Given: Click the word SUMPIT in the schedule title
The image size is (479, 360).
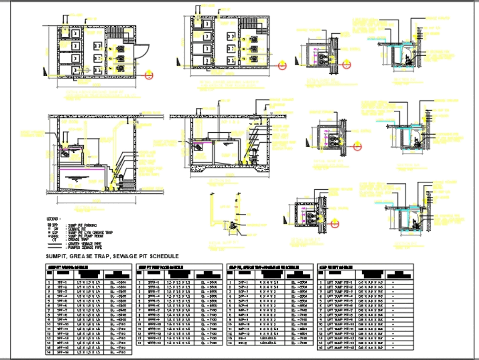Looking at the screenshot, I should [58, 256].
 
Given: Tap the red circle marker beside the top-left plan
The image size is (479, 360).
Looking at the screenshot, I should [150, 74].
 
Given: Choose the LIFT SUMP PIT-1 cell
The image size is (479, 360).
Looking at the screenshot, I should [339, 283].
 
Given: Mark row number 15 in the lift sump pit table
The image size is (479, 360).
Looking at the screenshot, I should [320, 348].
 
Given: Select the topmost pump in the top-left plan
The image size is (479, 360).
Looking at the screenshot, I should [120, 48].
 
